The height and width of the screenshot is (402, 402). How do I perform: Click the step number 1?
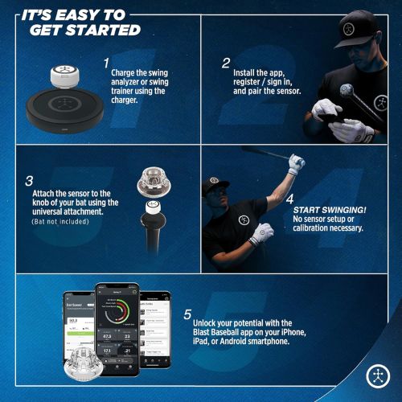pos(105,62)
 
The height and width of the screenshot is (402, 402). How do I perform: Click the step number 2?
pos(226,62)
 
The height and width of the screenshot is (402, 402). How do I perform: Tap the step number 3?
pos(30,180)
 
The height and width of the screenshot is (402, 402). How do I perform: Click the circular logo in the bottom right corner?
pos(377,376)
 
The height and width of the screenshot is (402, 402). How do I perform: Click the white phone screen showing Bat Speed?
pos(81,330)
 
